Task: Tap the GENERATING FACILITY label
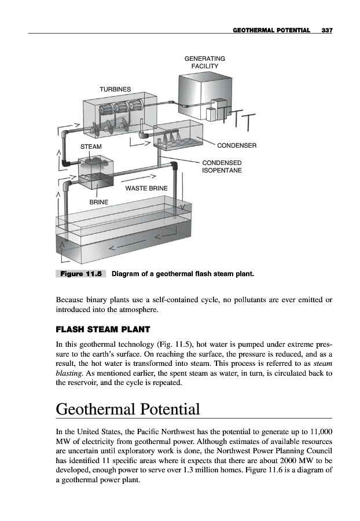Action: click(204, 62)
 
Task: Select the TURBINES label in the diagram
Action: click(115, 89)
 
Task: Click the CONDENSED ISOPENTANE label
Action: click(222, 167)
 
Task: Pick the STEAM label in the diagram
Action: click(91, 147)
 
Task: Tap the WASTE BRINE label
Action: click(146, 189)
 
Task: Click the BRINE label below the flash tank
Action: click(98, 203)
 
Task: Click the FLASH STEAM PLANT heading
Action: click(103, 330)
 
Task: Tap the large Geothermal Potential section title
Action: click(128, 409)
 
